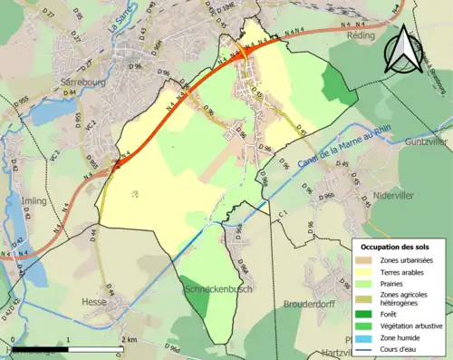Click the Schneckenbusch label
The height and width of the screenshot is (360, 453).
(x=218, y=288)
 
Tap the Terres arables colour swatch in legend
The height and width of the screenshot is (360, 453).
(x=367, y=272)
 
